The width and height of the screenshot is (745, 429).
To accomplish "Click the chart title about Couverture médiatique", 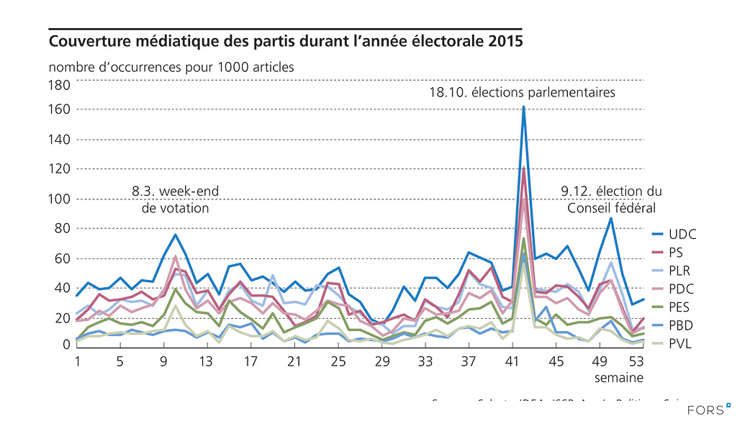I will pyautogui.click(x=286, y=41).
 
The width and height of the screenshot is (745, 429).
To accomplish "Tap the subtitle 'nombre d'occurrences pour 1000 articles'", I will pyautogui.click(x=171, y=67).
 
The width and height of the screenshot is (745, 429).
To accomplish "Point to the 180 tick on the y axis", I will pyautogui.click(x=59, y=85).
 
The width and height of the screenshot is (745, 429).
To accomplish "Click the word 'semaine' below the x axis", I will pyautogui.click(x=618, y=377).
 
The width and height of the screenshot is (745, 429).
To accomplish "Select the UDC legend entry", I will pyautogui.click(x=682, y=235).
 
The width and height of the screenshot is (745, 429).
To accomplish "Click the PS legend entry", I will pyautogui.click(x=676, y=253).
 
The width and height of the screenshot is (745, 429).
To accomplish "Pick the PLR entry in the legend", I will pyautogui.click(x=679, y=271).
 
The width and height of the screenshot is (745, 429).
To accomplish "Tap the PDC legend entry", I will pyautogui.click(x=680, y=289).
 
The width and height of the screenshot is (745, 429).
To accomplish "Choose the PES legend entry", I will pyautogui.click(x=679, y=307).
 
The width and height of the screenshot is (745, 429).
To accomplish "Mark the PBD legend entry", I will pyautogui.click(x=680, y=325).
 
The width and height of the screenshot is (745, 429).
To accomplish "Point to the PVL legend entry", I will pyautogui.click(x=679, y=343).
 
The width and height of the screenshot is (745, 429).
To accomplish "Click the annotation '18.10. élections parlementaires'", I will pyautogui.click(x=523, y=93).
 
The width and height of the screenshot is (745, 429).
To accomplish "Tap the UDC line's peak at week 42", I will pyautogui.click(x=523, y=107).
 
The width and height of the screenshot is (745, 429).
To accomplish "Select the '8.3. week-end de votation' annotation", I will pyautogui.click(x=175, y=199).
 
